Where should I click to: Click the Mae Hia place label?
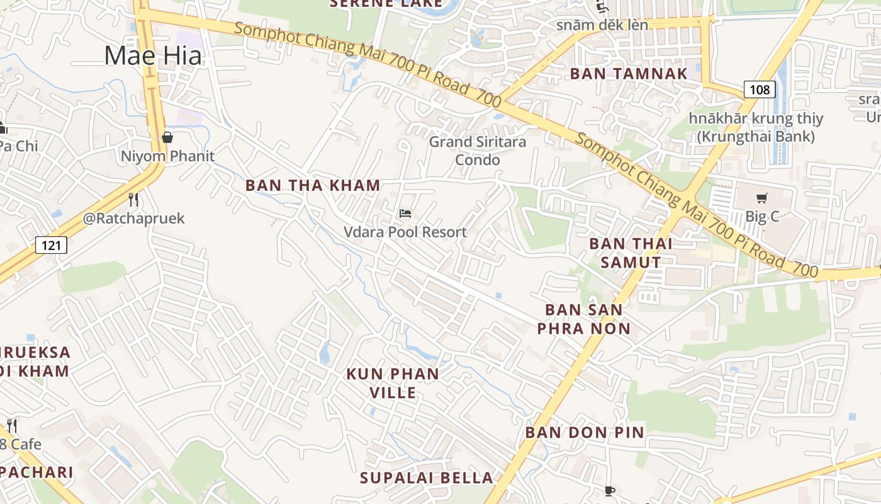pos(153,55)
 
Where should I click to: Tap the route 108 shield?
pos(760,89)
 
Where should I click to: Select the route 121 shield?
pos(51,244)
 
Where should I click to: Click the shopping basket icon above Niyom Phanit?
pos(167,137)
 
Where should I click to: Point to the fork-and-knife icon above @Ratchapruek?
pos(133,200)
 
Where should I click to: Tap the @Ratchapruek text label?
pos(134,219)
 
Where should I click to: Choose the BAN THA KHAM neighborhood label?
pos(313,185)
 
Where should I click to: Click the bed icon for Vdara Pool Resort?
pos(405,214)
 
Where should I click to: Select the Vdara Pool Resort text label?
pos(405,232)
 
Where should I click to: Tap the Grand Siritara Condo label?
pos(478,151)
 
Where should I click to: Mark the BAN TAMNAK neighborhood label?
pos(629,74)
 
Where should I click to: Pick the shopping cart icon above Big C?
pos(762,198)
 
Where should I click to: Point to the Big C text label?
pos(762,216)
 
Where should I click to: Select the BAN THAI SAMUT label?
pos(631,253)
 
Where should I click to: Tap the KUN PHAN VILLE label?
pos(393,383)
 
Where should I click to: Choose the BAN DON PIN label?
pos(585,432)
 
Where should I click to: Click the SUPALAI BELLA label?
pos(426,478)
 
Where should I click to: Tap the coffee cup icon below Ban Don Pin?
pos(609,491)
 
